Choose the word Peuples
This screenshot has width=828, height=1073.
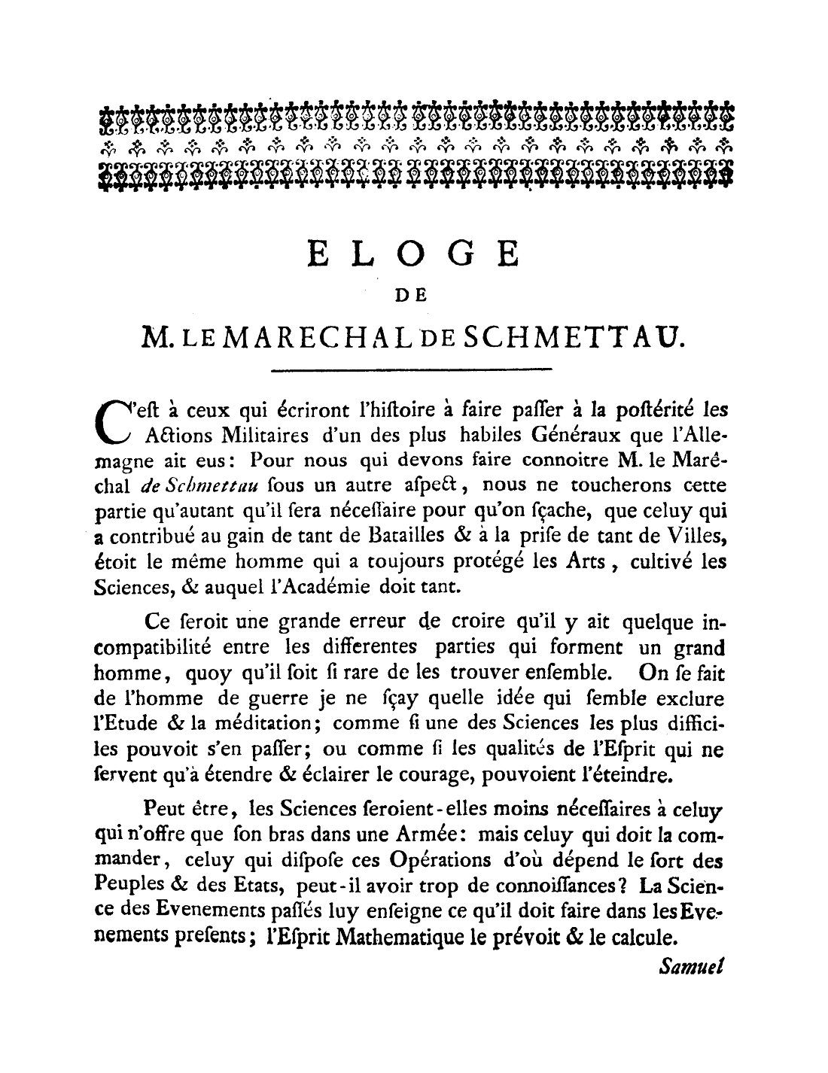[129, 886]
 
